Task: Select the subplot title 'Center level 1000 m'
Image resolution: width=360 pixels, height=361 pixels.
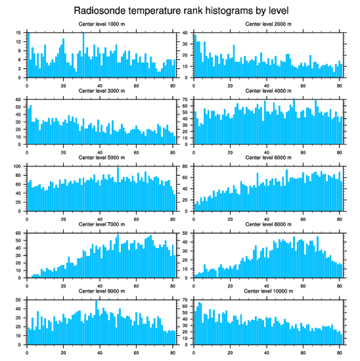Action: (102, 24)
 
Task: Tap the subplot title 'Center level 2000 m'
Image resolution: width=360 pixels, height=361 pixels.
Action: (268, 24)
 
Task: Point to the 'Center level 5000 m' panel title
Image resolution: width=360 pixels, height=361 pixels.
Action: (102, 157)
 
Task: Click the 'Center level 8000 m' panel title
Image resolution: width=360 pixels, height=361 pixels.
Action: (268, 224)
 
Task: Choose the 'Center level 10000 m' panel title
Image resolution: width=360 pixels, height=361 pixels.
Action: (268, 291)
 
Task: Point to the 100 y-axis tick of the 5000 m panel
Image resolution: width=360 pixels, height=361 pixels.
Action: (19, 166)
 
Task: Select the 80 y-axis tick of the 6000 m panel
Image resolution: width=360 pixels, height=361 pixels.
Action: (185, 166)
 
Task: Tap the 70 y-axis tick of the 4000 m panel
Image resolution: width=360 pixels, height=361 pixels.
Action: (185, 100)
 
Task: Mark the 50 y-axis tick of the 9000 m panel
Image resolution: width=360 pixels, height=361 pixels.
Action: (19, 300)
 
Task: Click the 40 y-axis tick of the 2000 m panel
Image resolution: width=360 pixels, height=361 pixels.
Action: (185, 33)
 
